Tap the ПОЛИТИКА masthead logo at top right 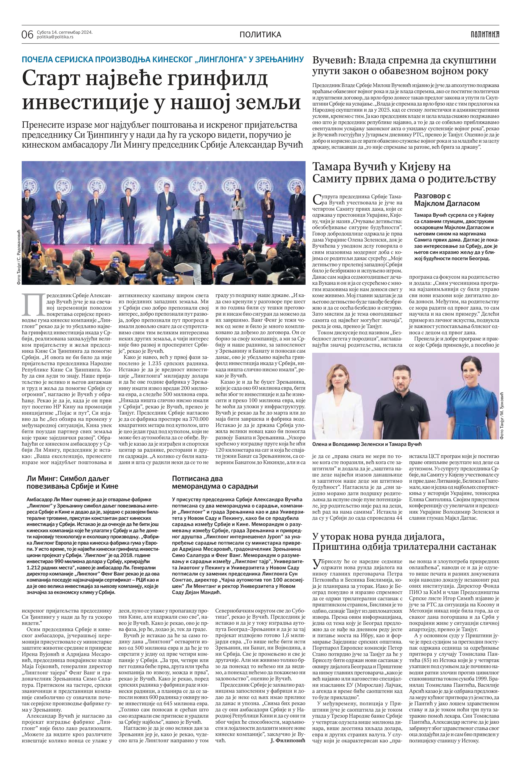point(485,34)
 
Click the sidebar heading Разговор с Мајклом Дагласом point(446,200)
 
